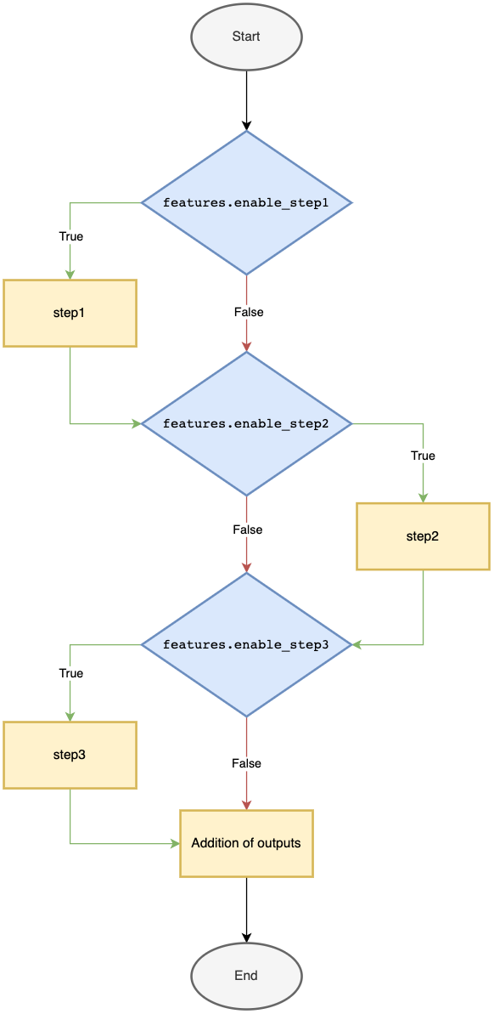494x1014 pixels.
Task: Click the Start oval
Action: click(246, 37)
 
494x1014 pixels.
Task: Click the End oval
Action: click(246, 976)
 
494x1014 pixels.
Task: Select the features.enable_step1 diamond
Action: click(246, 203)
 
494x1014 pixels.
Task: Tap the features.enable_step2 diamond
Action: click(246, 423)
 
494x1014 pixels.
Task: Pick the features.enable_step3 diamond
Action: click(246, 645)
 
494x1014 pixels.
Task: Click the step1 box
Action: click(70, 313)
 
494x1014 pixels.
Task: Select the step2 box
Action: click(423, 536)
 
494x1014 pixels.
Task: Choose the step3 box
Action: click(70, 755)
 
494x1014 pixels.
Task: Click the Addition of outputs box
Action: click(246, 843)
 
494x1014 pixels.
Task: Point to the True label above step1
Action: click(71, 236)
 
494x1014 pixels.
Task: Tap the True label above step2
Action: click(423, 456)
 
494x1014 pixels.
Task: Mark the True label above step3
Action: click(71, 673)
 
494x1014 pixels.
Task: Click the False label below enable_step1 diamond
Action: click(248, 312)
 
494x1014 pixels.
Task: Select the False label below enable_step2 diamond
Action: click(248, 530)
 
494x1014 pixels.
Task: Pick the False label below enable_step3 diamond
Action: click(246, 763)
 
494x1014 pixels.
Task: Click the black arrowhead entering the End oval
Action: click(246, 938)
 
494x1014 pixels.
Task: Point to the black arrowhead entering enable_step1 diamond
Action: click(246, 126)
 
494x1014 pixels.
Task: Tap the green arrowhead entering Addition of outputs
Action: click(175, 843)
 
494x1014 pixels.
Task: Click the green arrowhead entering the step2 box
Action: click(423, 498)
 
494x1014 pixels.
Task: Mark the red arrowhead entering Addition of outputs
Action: click(246, 805)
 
